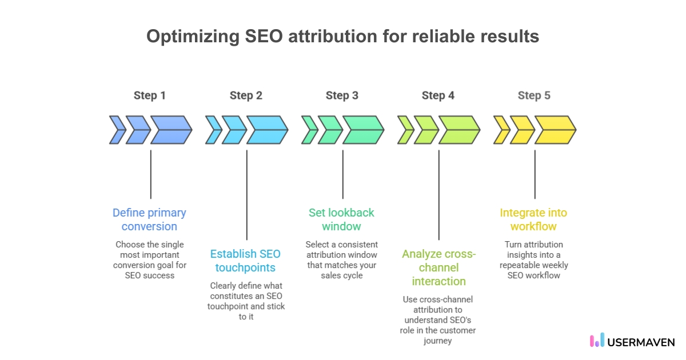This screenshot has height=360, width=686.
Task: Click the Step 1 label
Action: tap(150, 95)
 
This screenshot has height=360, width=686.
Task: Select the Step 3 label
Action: tap(342, 95)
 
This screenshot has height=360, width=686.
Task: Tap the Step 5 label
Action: tap(534, 95)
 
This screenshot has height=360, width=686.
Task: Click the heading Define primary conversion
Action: tap(149, 219)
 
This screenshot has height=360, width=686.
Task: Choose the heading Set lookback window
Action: tap(341, 219)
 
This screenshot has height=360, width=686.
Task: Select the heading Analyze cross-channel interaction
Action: tap(438, 267)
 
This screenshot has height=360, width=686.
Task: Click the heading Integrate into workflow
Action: tap(533, 219)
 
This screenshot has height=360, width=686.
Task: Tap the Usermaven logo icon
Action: tap(596, 341)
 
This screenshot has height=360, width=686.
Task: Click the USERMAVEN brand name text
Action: tap(641, 342)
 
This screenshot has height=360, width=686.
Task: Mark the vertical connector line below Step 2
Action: tap(246, 194)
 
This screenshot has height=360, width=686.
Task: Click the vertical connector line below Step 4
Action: tap(438, 194)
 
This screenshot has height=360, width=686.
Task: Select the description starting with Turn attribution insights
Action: tap(533, 259)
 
